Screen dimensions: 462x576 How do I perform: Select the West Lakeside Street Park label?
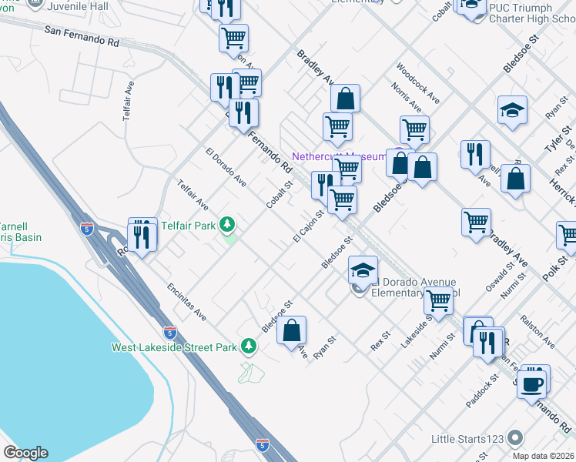click(x=174, y=347)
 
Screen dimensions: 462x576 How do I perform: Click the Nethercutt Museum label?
click(x=339, y=156)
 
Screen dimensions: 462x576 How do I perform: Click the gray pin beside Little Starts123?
click(x=516, y=439)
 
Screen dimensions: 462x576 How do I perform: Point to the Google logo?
click(x=25, y=453)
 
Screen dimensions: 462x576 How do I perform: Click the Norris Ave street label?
click(x=406, y=98)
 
